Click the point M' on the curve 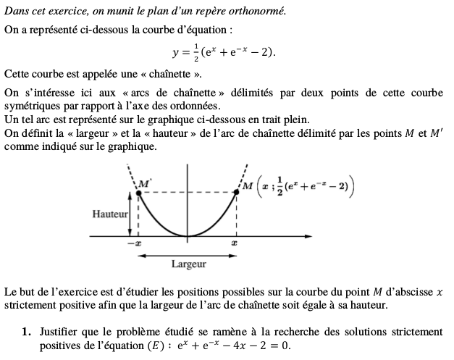tap(138, 192)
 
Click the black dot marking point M tap(236, 192)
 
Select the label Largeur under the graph tap(188, 264)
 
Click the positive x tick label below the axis tap(235, 244)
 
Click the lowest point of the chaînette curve tap(188, 235)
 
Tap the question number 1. tap(26, 332)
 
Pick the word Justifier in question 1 tap(61, 332)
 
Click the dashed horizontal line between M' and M tap(187, 192)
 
